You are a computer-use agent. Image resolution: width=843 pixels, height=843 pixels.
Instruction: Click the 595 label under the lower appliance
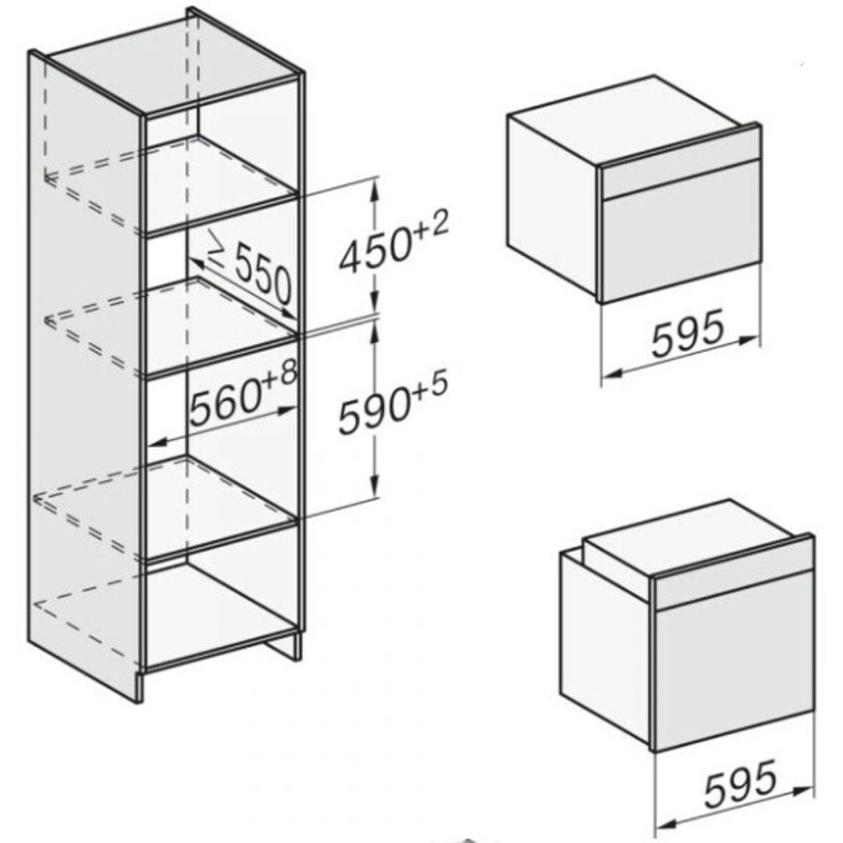[x=740, y=781]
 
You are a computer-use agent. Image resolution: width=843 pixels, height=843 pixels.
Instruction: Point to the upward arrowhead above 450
[x=376, y=188]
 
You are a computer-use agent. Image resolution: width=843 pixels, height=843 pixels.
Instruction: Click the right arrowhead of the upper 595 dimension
[x=750, y=339]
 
